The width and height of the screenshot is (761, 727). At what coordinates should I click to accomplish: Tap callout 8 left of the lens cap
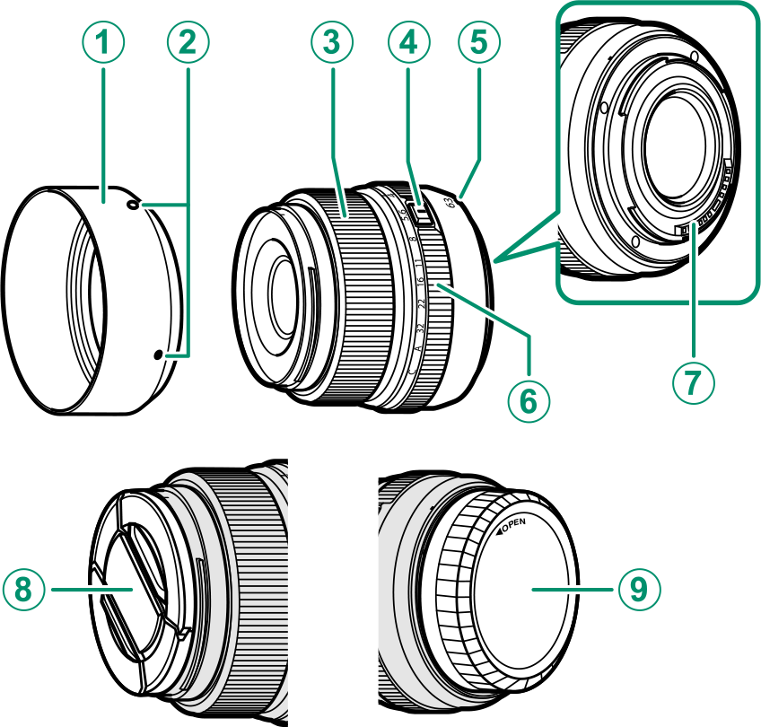point(24,589)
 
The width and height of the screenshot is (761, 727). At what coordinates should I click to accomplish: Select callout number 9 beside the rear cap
point(637,589)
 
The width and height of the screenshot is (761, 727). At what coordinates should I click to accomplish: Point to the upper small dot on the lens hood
point(134,206)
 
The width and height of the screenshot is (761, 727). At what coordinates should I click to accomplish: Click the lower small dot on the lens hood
point(159,355)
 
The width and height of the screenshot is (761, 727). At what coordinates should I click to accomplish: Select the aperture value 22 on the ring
point(422,302)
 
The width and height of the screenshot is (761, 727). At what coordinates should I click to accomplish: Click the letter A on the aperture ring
point(417,348)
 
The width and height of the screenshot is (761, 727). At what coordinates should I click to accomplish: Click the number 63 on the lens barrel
point(450,202)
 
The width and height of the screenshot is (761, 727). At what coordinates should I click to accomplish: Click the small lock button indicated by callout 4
point(418,213)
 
